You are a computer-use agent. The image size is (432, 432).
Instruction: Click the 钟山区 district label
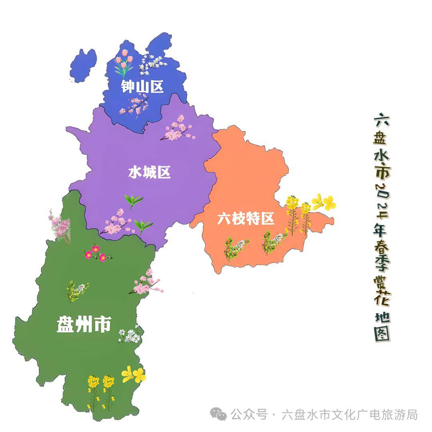pos(143,86)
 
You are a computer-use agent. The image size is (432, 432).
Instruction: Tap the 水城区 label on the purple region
pos(149,172)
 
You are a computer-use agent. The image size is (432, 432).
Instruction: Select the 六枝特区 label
pos(246,219)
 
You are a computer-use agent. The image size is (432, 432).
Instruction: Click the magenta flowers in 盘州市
pos(96,253)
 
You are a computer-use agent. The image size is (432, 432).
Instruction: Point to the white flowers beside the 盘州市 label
pos(130,335)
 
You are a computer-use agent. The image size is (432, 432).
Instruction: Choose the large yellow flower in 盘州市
pos(134,375)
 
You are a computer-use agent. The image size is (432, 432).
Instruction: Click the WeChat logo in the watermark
pos(219,414)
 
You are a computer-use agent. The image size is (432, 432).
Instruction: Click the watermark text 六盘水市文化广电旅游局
pos(350,414)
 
